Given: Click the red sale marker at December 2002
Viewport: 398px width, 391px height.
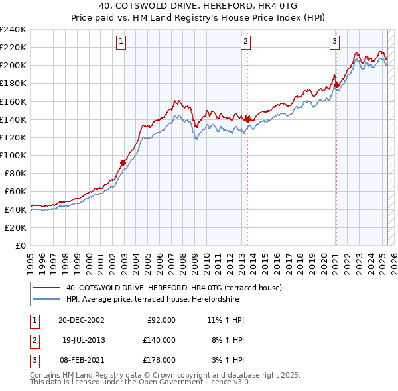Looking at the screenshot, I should [123, 162].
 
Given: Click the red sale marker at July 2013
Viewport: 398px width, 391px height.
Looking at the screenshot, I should [247, 119].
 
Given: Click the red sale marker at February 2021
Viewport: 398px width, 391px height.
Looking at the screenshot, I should [336, 85].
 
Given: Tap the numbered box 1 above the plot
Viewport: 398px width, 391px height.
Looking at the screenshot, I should [122, 42].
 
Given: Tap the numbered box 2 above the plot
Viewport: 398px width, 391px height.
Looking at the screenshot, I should [245, 42].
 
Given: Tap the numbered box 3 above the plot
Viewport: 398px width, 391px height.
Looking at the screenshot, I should [334, 42].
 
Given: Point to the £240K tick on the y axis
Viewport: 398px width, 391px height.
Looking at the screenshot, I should [13, 30].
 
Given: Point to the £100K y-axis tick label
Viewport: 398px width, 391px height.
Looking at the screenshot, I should [13, 155].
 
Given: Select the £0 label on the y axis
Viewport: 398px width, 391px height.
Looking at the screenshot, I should [20, 245].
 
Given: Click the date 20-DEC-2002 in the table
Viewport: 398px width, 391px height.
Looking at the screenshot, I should [81, 320].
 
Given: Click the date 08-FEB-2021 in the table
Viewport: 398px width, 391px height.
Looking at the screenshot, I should [81, 360].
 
